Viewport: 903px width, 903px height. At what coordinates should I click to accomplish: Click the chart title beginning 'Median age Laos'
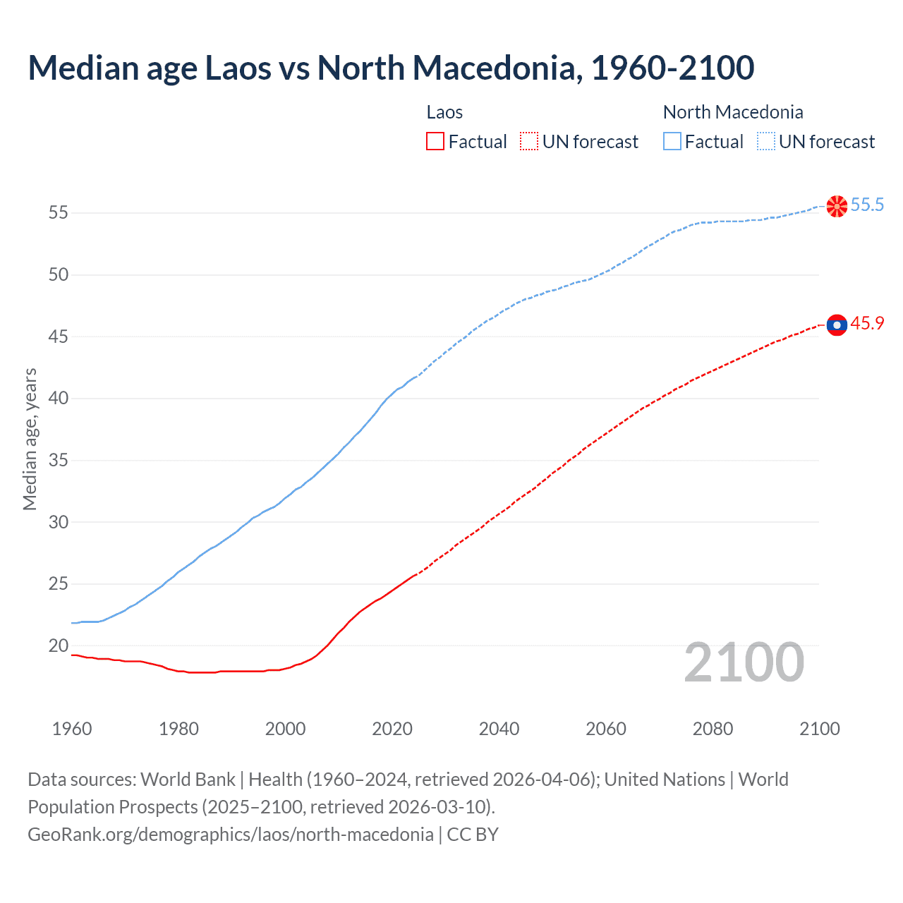(391, 68)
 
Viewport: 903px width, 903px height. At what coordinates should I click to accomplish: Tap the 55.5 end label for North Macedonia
(867, 205)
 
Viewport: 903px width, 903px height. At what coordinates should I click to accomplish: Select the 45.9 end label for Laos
(867, 324)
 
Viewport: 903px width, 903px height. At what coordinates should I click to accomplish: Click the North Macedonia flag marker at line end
(837, 206)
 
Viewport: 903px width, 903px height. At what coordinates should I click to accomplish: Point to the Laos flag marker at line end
(837, 325)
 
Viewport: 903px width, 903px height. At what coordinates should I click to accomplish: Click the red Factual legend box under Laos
(435, 142)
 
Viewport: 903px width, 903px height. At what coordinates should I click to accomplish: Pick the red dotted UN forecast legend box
(529, 142)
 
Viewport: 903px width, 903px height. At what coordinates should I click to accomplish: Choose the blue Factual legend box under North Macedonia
(672, 142)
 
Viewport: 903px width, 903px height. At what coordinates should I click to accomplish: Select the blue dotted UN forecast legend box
(766, 142)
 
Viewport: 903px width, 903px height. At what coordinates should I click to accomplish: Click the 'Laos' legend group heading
(444, 112)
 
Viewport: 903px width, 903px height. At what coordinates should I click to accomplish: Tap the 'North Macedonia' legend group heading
(733, 112)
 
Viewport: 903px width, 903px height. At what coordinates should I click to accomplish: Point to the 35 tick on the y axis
(59, 461)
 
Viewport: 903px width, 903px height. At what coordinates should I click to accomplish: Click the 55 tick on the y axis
(59, 212)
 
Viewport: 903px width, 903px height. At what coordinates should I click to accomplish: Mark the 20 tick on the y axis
(59, 646)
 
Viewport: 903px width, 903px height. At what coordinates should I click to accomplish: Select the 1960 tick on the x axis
(72, 729)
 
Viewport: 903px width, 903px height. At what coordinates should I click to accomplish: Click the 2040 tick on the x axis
(499, 729)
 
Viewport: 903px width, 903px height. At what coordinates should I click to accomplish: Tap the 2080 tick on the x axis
(713, 729)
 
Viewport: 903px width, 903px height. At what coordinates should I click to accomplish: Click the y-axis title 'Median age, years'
(30, 439)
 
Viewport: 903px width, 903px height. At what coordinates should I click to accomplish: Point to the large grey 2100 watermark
(744, 662)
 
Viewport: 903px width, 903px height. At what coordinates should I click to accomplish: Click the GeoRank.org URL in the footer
(230, 835)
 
